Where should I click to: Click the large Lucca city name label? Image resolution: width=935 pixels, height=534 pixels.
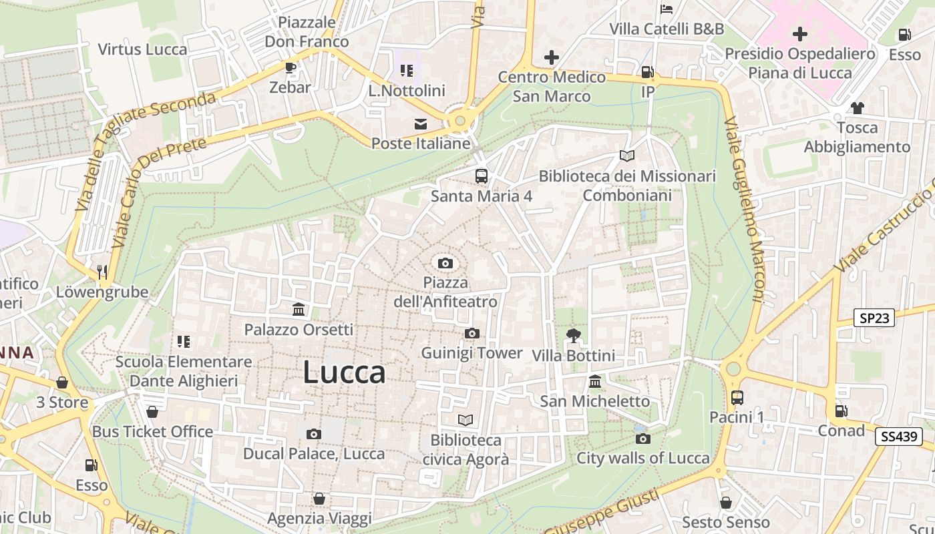(344, 372)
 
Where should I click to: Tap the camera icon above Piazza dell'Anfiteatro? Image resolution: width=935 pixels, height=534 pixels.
(445, 263)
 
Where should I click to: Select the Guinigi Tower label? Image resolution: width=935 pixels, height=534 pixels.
(472, 352)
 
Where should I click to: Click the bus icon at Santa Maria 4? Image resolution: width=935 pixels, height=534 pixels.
(481, 176)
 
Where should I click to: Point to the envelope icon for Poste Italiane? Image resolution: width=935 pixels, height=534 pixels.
(421, 123)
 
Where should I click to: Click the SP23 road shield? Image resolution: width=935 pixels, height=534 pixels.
(874, 318)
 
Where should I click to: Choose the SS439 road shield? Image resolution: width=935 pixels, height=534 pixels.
(898, 437)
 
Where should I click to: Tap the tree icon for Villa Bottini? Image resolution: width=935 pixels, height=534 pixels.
(573, 335)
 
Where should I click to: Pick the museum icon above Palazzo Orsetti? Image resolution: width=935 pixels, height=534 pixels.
(299, 310)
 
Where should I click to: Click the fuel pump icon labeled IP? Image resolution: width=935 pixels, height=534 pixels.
(647, 71)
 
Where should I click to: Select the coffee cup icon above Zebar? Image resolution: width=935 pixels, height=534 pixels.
(290, 67)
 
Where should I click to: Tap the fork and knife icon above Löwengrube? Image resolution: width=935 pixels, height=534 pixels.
(102, 272)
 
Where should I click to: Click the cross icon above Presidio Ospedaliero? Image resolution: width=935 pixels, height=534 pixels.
(799, 33)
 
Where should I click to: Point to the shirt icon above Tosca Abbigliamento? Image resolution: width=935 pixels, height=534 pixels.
(857, 107)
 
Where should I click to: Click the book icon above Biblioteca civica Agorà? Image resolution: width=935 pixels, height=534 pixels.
(465, 420)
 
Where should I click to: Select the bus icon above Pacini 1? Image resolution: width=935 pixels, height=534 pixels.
(737, 398)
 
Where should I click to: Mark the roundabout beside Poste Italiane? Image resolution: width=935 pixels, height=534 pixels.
(459, 121)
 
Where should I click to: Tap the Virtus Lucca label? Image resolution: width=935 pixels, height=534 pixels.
(142, 49)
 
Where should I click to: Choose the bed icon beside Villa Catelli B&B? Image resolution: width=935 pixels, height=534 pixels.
(667, 9)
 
